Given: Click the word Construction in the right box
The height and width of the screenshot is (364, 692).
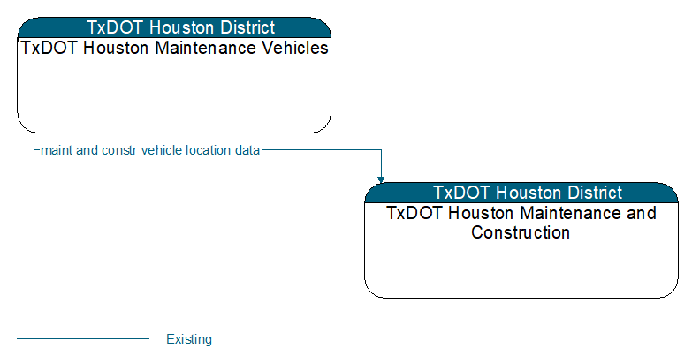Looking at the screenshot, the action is (521, 232).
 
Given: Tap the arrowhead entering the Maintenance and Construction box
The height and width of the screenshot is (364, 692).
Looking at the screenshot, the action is (381, 179).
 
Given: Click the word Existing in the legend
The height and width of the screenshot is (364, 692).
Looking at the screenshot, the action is (189, 339).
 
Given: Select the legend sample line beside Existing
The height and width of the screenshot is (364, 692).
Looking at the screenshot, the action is (83, 339).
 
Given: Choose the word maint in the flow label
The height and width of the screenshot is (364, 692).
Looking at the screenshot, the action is (57, 150).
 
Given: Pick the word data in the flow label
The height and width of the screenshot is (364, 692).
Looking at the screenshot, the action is (247, 150).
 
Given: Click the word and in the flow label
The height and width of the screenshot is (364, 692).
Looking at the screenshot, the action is (87, 150).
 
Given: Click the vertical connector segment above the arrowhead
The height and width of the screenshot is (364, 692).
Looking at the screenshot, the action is (381, 163).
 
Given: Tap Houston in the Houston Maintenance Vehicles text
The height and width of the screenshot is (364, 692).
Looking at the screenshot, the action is (116, 48).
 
